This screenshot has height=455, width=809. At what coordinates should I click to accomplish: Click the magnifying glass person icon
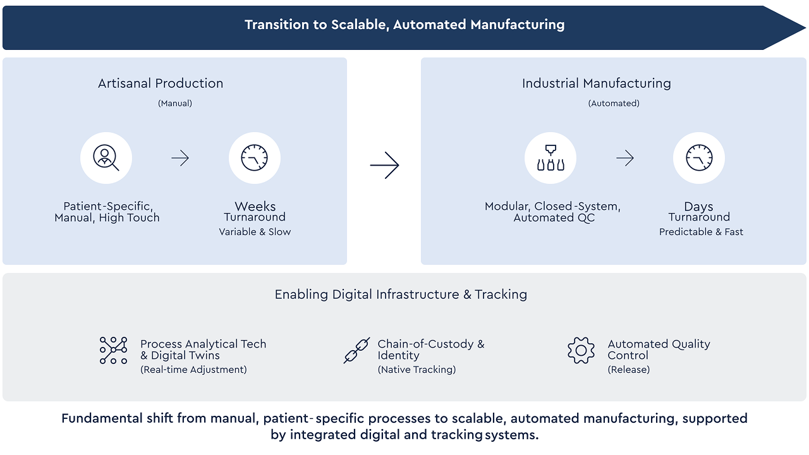coord(106,158)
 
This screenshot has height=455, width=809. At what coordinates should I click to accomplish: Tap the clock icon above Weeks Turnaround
coord(255,158)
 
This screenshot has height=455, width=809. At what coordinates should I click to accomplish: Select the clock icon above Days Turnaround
coord(698,158)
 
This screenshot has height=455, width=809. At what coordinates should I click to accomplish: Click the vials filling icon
coord(550,158)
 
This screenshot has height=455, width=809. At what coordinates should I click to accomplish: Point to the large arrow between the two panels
coord(384,166)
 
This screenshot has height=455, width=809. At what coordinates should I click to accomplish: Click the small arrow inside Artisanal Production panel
coord(180,158)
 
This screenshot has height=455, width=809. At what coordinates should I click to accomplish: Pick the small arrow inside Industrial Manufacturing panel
coord(625,158)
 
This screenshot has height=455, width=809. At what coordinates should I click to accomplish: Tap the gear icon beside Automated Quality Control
coord(581,350)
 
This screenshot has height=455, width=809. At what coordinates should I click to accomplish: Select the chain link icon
coord(356,350)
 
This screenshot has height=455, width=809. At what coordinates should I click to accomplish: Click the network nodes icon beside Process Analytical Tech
coord(114,350)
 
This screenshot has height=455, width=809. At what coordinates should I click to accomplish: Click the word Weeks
coord(255,207)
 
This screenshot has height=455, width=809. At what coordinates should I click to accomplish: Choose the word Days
coord(698,207)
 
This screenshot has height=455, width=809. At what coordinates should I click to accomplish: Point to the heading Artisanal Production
coord(161,83)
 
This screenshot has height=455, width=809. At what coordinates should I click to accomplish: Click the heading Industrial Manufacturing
coord(597,83)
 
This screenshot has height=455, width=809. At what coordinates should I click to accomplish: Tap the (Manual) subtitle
coord(175,103)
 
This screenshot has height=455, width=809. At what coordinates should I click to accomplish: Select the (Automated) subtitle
coord(614,103)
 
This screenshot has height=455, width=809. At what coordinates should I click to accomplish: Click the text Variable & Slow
coord(255,232)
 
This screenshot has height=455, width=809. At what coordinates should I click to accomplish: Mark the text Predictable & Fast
coord(701,232)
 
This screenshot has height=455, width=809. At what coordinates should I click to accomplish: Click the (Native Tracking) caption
coord(417,370)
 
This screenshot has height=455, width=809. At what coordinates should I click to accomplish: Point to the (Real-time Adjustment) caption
coord(193,370)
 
